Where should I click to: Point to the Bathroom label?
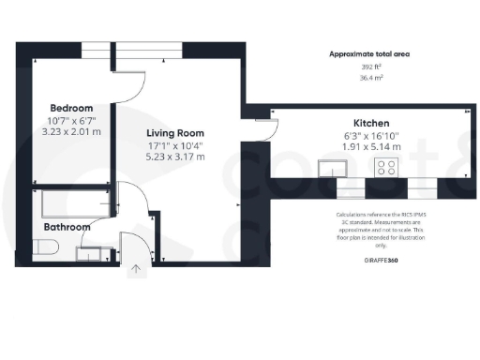(x=67, y=227)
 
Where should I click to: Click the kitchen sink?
(x=331, y=168)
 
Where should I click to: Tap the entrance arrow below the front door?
(x=137, y=270)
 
